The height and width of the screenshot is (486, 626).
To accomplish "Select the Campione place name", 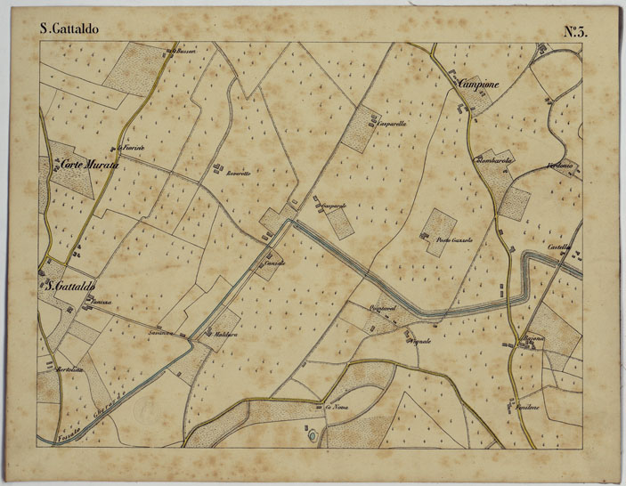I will [478, 84].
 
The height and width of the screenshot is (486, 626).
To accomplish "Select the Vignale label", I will [420, 342].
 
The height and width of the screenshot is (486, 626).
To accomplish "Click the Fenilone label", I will [531, 406].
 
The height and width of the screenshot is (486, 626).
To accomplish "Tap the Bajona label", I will [533, 338].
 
